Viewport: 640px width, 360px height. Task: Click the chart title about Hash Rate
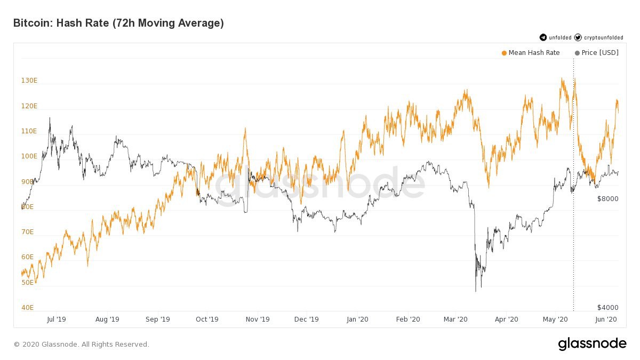(118, 23)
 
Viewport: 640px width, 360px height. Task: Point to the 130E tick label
(29, 81)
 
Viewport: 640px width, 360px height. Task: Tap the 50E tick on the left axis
(28, 282)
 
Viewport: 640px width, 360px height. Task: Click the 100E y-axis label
(29, 156)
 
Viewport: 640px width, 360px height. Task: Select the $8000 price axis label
(607, 199)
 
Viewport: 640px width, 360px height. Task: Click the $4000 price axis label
(607, 308)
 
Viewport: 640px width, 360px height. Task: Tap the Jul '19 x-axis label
(57, 319)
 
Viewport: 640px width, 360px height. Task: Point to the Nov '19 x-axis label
(257, 319)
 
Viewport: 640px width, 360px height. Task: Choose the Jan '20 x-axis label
(357, 319)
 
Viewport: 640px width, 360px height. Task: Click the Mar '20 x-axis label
(456, 319)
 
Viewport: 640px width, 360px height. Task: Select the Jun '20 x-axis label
(606, 319)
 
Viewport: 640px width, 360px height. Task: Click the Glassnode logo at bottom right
(592, 344)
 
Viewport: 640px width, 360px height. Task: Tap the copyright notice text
(81, 345)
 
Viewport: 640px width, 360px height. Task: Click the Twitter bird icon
(578, 37)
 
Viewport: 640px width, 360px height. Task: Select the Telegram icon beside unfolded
(543, 37)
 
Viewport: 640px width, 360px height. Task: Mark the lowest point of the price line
(475, 291)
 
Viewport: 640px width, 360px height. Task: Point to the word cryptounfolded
(603, 38)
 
